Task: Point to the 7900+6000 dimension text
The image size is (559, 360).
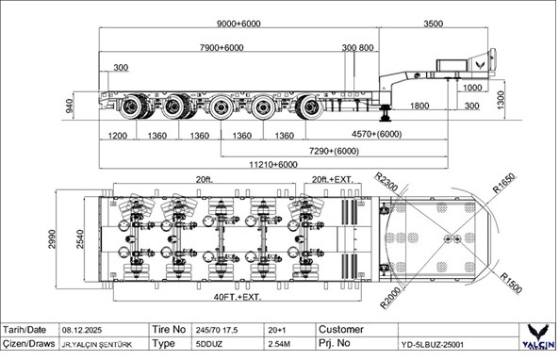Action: pos(208,48)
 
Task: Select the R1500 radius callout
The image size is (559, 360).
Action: pos(511,282)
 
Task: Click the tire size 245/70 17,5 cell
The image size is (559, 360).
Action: pos(218,330)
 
